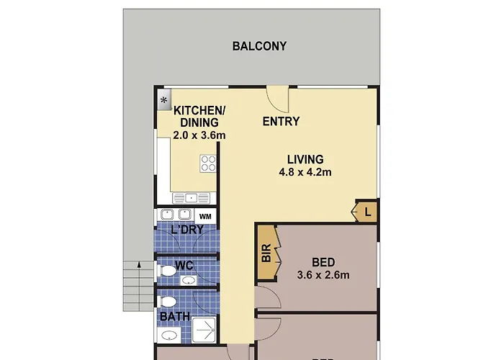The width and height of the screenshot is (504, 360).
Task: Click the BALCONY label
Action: [x=259, y=46]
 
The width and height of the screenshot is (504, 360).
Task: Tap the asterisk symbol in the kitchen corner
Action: [x=164, y=100]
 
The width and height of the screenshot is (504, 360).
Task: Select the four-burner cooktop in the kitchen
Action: [x=208, y=163]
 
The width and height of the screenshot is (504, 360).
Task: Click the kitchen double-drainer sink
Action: [x=191, y=198]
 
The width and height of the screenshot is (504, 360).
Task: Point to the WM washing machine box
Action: [x=205, y=216]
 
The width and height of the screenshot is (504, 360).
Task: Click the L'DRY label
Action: [x=187, y=230]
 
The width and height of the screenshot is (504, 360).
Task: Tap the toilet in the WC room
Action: [x=166, y=270]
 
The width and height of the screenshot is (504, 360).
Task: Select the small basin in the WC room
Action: [x=189, y=281]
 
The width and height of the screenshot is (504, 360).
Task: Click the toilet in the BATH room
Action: [x=167, y=302]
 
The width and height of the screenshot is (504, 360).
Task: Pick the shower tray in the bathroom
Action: [x=204, y=330]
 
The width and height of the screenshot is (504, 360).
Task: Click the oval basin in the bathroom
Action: [x=169, y=336]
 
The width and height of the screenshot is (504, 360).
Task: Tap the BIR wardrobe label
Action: [x=266, y=253]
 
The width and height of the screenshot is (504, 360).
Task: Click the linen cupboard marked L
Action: [x=366, y=212]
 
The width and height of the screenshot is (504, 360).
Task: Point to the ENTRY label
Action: [x=281, y=122]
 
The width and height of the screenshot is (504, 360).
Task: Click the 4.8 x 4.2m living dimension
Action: [x=305, y=172]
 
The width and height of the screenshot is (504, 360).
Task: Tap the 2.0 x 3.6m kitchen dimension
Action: [x=199, y=135]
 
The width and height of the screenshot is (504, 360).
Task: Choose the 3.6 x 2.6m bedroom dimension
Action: [x=323, y=275]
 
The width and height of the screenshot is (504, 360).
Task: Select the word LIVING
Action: [x=305, y=159]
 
